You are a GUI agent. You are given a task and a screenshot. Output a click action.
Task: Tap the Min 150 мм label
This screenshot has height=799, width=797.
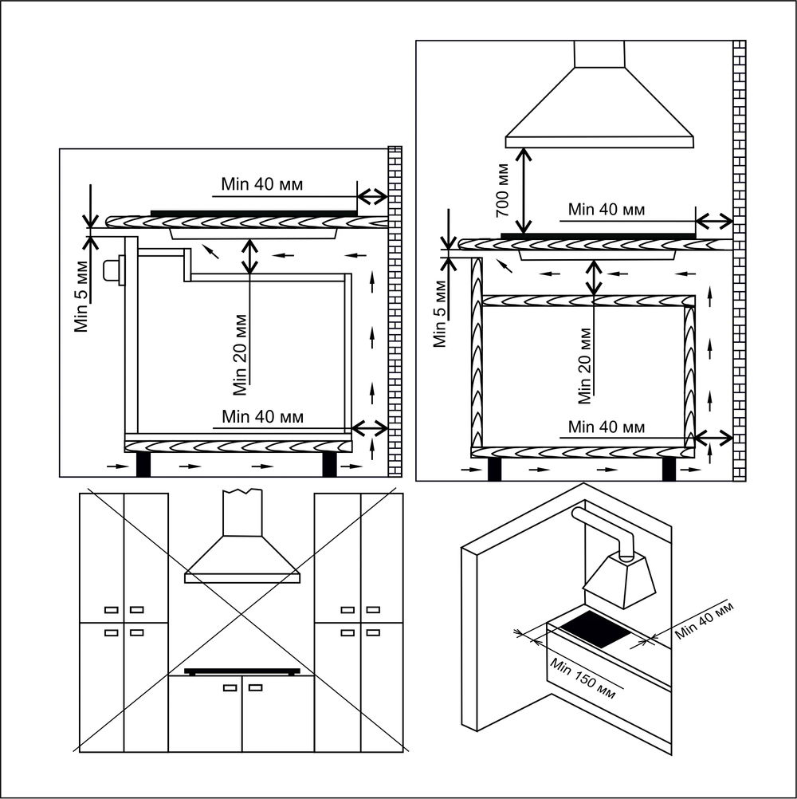pos(583,675)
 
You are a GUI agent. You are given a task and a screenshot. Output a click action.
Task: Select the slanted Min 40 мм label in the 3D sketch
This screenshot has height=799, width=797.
pos(703,622)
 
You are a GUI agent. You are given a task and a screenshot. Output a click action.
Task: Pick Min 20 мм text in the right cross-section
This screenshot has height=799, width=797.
pos(584,364)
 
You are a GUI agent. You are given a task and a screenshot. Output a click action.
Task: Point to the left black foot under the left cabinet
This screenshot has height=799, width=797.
pos(143,465)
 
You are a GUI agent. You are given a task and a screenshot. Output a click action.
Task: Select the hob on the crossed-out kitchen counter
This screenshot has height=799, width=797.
pos(242,671)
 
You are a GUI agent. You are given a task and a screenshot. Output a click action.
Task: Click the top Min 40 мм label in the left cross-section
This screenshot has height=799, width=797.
pos(262,184)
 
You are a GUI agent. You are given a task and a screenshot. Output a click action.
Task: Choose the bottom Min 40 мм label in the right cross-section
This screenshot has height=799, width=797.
pos(607,427)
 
